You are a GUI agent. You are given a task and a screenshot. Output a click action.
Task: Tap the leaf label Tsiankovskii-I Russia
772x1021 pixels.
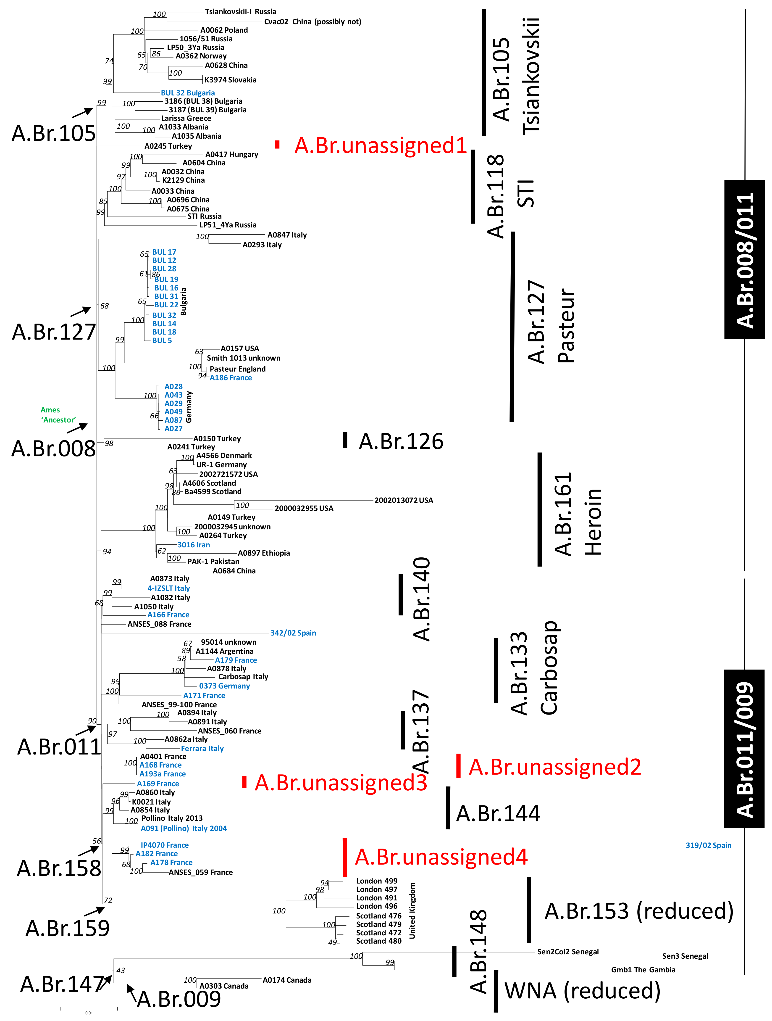[x=240, y=12]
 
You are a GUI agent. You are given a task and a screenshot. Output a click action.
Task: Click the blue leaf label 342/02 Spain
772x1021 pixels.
[x=293, y=633]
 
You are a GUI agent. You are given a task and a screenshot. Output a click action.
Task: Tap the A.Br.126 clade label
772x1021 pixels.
[x=401, y=441]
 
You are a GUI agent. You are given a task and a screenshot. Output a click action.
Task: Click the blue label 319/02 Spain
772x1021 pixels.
[x=708, y=845]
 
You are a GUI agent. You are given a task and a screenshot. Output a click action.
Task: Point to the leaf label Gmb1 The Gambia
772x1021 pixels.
[x=643, y=970]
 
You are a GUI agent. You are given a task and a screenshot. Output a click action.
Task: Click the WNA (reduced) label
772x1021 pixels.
[x=582, y=991]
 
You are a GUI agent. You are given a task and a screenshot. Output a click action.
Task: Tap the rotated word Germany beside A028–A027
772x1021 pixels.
[x=189, y=407]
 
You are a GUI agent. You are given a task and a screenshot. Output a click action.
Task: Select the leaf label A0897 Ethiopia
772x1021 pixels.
[x=263, y=553]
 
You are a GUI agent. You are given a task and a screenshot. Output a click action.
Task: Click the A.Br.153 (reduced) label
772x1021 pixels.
[x=639, y=911]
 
